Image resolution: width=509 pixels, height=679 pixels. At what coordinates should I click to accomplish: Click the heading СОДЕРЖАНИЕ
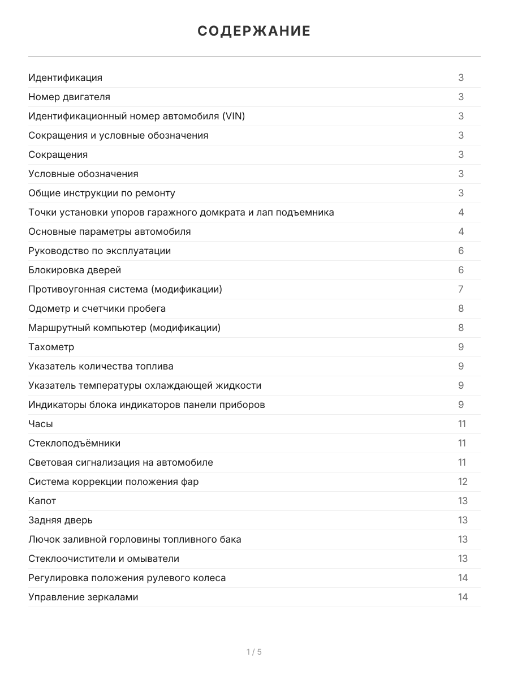(x=254, y=31)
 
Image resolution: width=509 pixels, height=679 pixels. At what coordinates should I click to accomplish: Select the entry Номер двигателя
(x=70, y=97)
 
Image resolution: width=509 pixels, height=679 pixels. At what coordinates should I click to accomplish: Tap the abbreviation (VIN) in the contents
(x=234, y=116)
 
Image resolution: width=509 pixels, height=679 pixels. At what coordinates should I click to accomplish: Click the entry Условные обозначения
(x=83, y=174)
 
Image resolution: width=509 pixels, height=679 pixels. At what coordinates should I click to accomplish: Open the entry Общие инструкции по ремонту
(x=102, y=193)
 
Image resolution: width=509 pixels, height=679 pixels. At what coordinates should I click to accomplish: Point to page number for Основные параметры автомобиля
(x=461, y=231)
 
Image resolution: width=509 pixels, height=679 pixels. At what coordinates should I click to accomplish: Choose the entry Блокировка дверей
(x=75, y=270)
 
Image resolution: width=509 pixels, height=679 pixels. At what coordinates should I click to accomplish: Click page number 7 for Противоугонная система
(x=461, y=289)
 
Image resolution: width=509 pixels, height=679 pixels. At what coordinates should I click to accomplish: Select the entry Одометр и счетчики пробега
(x=97, y=308)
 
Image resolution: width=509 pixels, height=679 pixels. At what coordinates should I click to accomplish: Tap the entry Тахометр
(x=51, y=347)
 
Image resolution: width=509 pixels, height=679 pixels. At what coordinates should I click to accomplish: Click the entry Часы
(x=41, y=424)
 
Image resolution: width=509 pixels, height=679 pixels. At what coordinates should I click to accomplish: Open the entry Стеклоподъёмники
(x=74, y=443)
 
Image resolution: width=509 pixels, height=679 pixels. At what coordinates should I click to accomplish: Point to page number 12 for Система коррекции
(x=463, y=482)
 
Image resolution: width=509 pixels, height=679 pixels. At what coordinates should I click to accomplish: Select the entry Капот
(x=42, y=501)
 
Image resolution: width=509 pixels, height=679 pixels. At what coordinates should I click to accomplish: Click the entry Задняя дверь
(x=61, y=520)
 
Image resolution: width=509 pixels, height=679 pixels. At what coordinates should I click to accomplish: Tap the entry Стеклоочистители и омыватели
(x=103, y=558)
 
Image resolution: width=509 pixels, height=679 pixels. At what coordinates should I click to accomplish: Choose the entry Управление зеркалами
(x=83, y=597)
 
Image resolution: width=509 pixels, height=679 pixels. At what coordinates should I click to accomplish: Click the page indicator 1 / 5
(x=254, y=652)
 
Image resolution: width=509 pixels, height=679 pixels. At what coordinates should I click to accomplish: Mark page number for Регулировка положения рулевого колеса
(x=463, y=578)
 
